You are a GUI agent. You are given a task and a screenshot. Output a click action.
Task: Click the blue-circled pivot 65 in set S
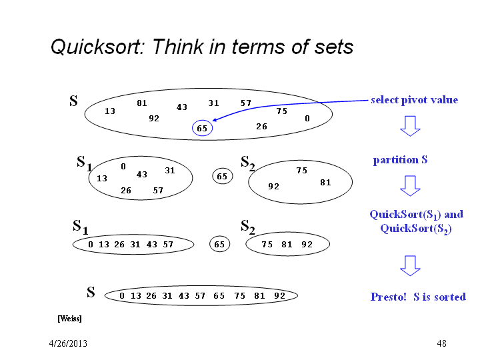click(x=202, y=128)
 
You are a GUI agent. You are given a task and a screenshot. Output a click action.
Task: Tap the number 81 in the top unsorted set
click(x=142, y=103)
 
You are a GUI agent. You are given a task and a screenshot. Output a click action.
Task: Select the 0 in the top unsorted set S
click(x=307, y=119)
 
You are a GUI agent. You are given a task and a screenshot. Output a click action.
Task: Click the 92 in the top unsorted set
click(x=154, y=119)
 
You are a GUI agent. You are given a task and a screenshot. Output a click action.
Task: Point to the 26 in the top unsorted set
click(x=262, y=127)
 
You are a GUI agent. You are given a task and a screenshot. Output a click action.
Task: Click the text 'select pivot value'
click(x=414, y=100)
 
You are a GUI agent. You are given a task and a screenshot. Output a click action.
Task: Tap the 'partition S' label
click(x=400, y=159)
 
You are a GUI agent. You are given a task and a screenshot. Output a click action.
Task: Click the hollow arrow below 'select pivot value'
click(x=410, y=126)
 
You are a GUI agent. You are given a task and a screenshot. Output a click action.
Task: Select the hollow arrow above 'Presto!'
click(x=410, y=266)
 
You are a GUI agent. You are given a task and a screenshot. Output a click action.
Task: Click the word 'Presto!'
click(x=388, y=297)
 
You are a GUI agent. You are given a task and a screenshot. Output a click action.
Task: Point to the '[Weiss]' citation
click(x=69, y=319)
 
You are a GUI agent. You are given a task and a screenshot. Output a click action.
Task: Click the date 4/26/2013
click(x=68, y=343)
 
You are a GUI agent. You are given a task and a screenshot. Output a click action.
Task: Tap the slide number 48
click(x=441, y=343)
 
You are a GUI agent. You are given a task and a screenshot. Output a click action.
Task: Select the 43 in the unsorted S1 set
click(x=142, y=175)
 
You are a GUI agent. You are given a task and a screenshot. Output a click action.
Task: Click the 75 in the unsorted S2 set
click(x=301, y=170)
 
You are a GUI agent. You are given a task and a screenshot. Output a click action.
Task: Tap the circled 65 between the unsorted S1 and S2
click(x=222, y=176)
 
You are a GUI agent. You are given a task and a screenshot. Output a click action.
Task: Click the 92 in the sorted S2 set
click(x=307, y=244)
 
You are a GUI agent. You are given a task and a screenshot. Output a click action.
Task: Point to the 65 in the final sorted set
click(x=219, y=296)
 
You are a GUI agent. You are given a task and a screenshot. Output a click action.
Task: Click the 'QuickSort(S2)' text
click(x=416, y=229)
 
